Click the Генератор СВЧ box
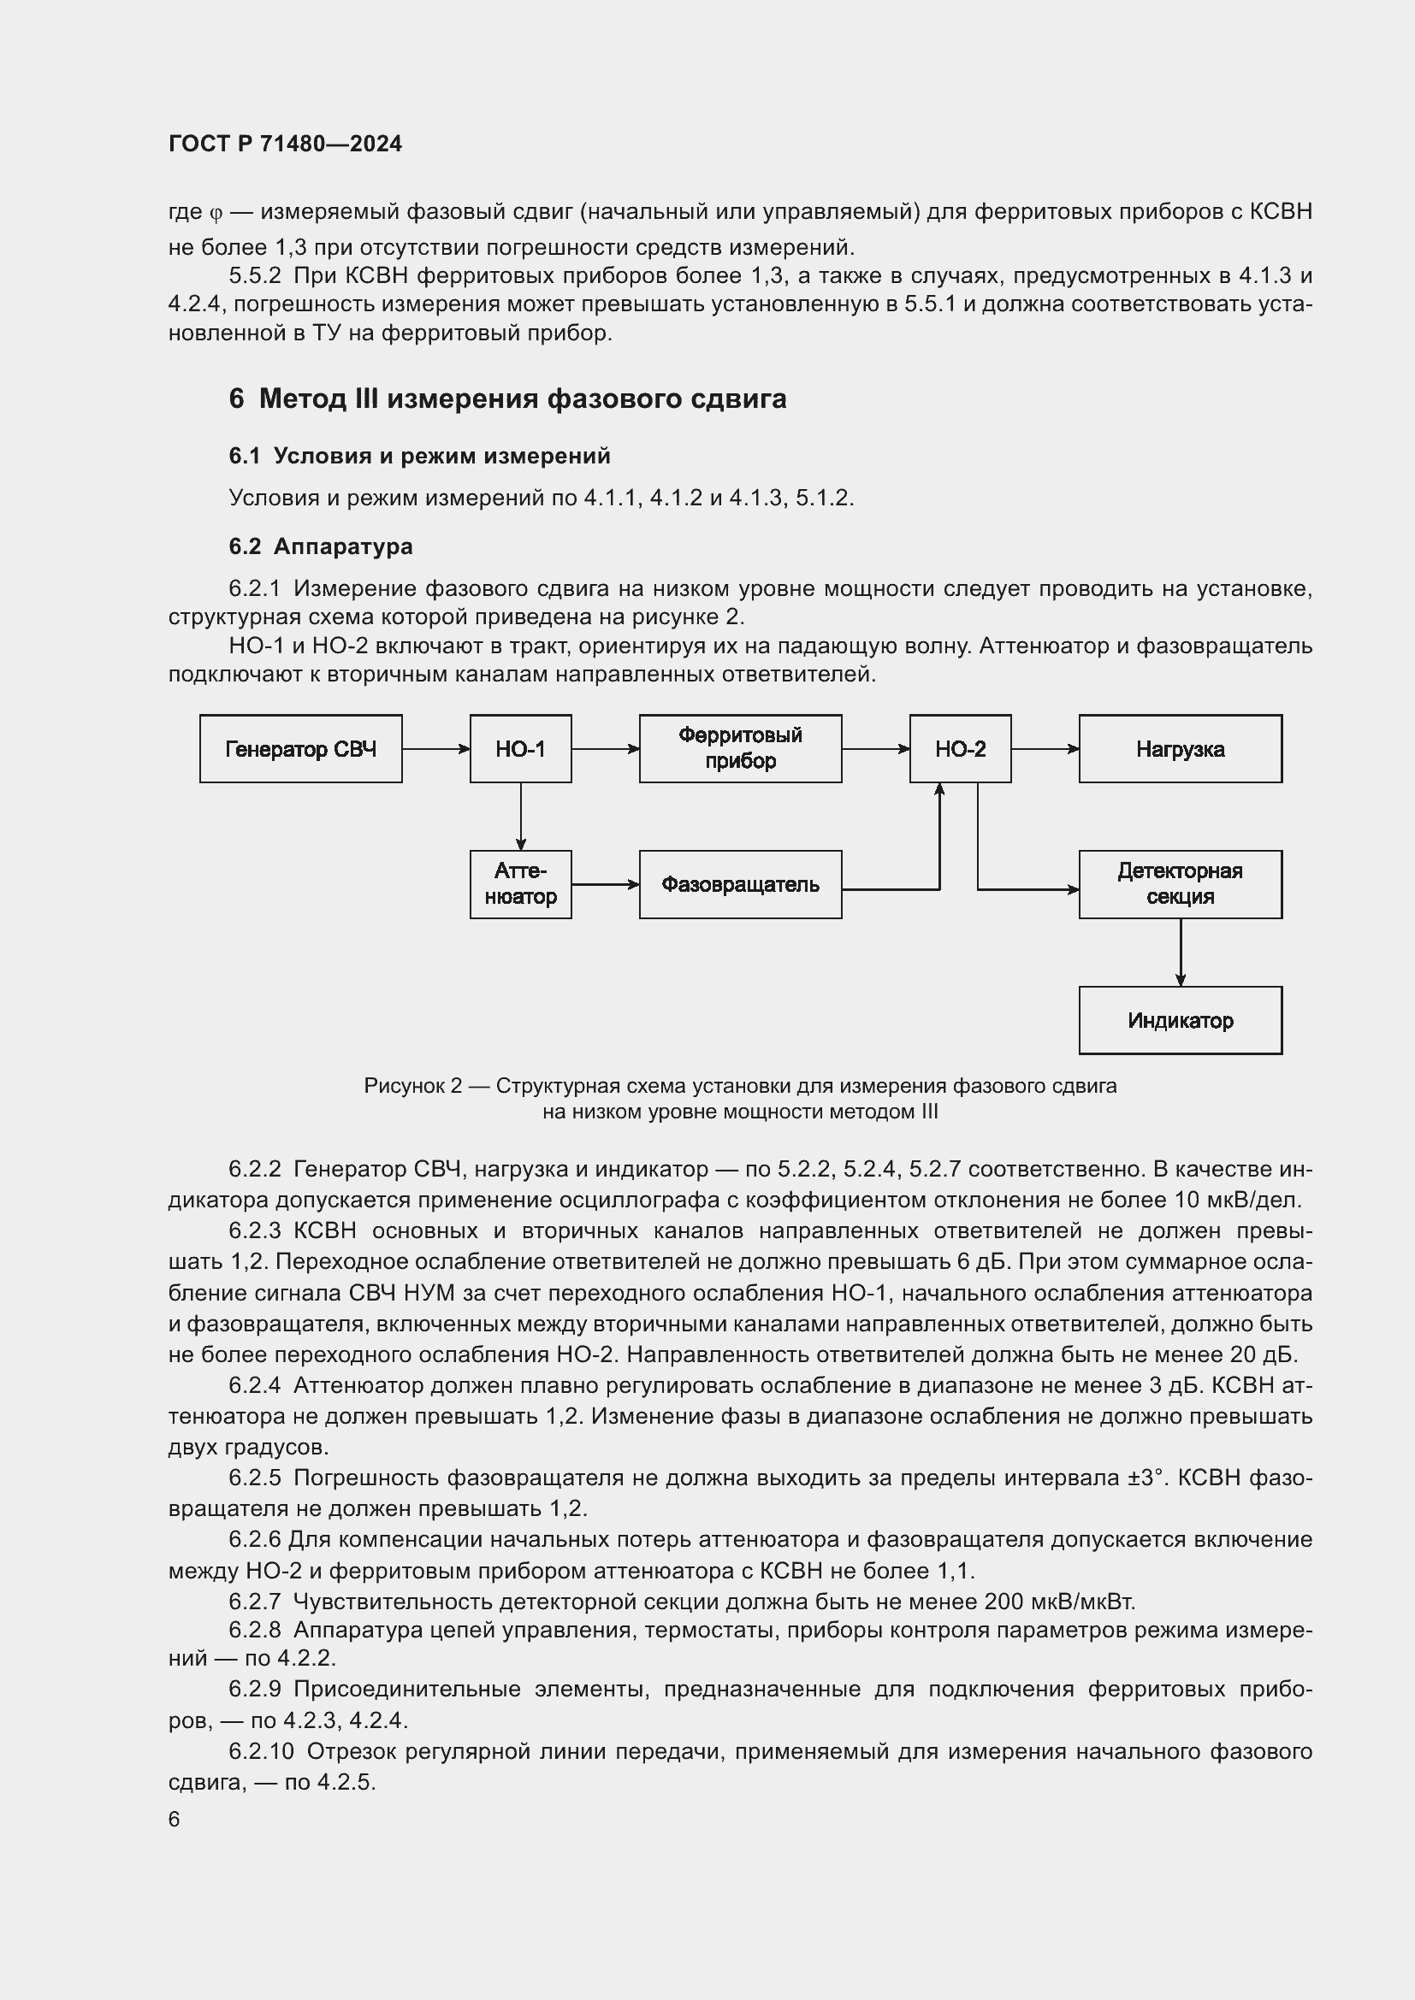click(300, 749)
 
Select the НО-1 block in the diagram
click(520, 749)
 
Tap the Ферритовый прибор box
click(740, 749)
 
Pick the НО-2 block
click(960, 749)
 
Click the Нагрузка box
click(1180, 749)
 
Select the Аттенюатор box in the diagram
click(520, 884)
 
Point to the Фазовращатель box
click(740, 884)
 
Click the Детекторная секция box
click(1180, 884)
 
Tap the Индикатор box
click(1180, 1020)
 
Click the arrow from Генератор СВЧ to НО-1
click(435, 749)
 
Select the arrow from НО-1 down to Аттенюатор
click(521, 817)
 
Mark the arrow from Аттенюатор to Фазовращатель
click(606, 885)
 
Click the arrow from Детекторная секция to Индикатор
click(1181, 952)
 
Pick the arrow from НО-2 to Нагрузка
click(1045, 749)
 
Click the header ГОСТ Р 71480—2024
click(285, 145)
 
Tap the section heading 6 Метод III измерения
click(507, 399)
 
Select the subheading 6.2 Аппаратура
click(321, 547)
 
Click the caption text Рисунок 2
click(412, 1086)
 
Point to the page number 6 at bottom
click(175, 1819)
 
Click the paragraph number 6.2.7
click(254, 1602)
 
